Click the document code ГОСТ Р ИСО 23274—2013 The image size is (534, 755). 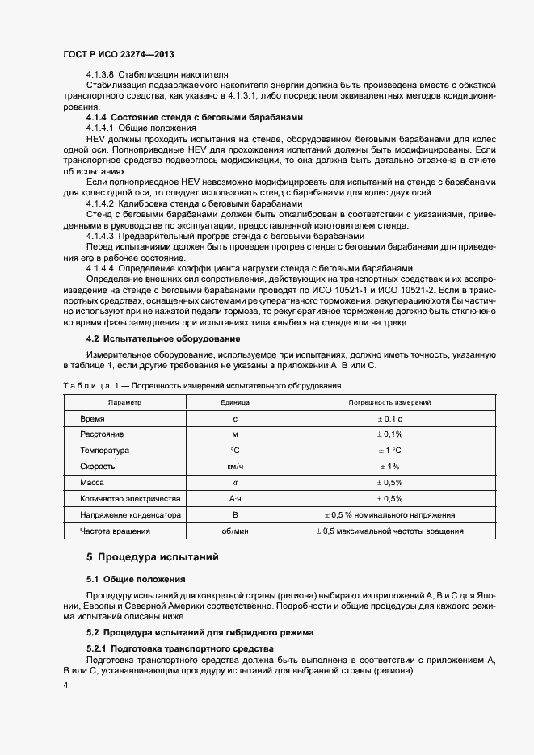pyautogui.click(x=118, y=53)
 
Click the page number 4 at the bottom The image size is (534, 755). pyautogui.click(x=65, y=685)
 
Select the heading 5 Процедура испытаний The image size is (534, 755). pyautogui.click(x=152, y=557)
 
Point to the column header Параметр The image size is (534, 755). pyautogui.click(x=124, y=401)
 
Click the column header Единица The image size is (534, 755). pyautogui.click(x=235, y=401)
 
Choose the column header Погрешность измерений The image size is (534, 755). pyautogui.click(x=389, y=401)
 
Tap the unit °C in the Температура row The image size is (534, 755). pyautogui.click(x=235, y=450)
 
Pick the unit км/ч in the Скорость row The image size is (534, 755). pyautogui.click(x=235, y=466)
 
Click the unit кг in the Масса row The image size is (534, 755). pyautogui.click(x=235, y=482)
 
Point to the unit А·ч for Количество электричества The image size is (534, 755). pyautogui.click(x=235, y=498)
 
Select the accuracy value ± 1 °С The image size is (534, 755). pyautogui.click(x=389, y=450)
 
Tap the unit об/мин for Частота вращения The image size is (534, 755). pyautogui.click(x=235, y=531)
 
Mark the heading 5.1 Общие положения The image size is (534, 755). pyautogui.click(x=136, y=579)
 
